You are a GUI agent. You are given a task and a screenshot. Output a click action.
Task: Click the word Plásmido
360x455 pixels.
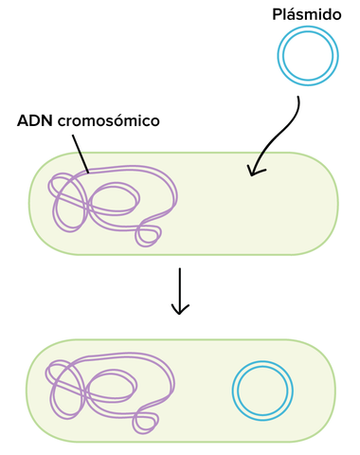(x=306, y=15)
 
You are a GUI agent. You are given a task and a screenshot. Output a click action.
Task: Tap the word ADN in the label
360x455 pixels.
(x=36, y=122)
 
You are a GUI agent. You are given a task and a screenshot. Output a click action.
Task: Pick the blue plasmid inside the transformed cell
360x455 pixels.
(x=260, y=390)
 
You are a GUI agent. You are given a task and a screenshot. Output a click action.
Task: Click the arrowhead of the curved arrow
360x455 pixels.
(x=253, y=171)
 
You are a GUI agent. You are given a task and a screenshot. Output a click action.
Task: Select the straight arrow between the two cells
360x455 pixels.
(x=180, y=289)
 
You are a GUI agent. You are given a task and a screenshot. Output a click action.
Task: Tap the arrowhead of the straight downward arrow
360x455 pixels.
(x=180, y=310)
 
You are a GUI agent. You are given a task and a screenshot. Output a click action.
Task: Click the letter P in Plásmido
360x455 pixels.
(x=277, y=15)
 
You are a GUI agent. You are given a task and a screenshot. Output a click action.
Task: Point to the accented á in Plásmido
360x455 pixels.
(x=292, y=15)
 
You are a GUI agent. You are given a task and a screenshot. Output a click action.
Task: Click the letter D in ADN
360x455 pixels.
(x=36, y=122)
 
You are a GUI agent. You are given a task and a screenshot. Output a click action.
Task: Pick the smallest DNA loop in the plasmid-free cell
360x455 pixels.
(x=148, y=233)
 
